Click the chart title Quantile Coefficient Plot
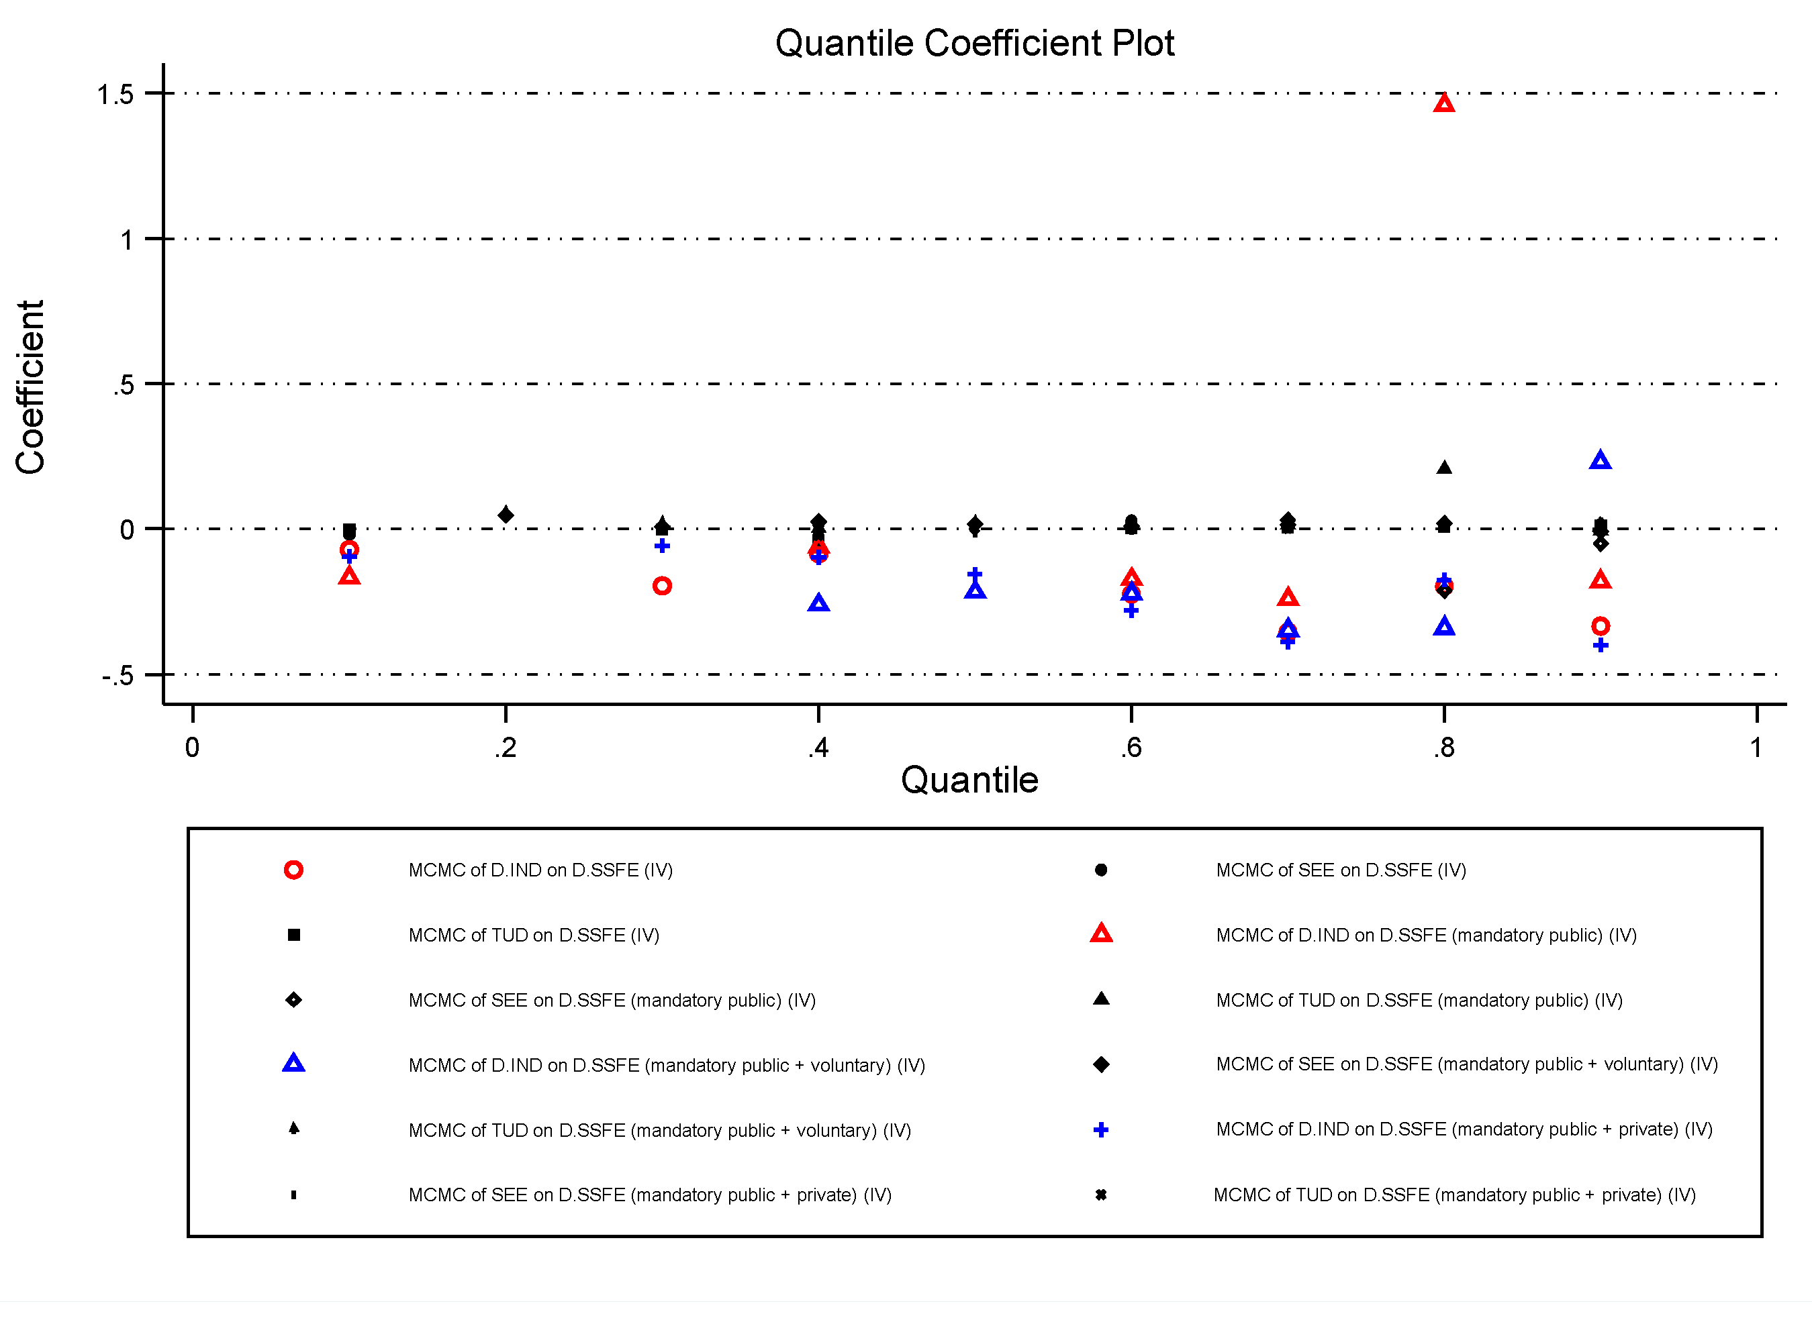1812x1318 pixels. (974, 43)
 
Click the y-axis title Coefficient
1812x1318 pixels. (30, 387)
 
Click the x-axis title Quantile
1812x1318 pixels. (969, 780)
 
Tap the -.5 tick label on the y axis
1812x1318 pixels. (117, 676)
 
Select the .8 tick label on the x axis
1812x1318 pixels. (1443, 748)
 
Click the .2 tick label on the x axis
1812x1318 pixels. (505, 748)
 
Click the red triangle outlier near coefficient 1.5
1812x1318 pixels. (1443, 103)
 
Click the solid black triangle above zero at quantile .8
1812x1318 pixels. (1443, 467)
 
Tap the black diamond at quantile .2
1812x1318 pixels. (505, 515)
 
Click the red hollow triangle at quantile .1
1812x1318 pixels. (349, 576)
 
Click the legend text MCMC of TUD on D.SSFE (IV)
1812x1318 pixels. (534, 935)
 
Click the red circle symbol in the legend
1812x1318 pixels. (293, 870)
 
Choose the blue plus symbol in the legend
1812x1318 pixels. (1100, 1129)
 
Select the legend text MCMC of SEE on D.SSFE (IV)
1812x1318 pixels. (1341, 870)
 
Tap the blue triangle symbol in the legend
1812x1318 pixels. (293, 1063)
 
